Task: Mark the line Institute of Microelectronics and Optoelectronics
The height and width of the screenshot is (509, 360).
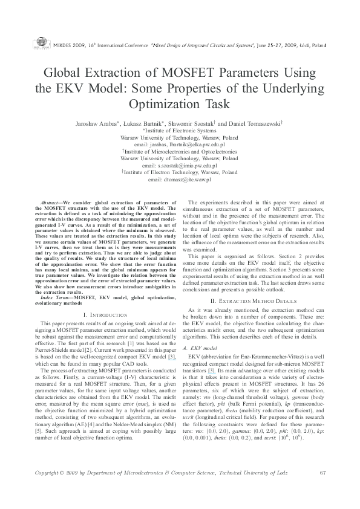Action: point(180,152)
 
